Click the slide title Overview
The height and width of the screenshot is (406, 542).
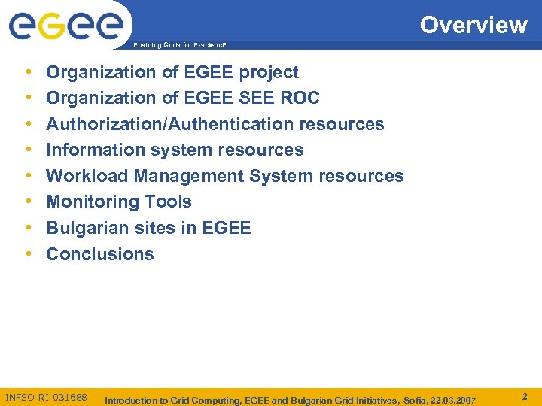pyautogui.click(x=473, y=25)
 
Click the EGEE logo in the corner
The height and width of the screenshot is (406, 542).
pyautogui.click(x=65, y=26)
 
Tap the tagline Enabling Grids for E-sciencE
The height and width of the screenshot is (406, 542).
pyautogui.click(x=179, y=46)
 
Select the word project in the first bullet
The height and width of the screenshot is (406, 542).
pyautogui.click(x=269, y=73)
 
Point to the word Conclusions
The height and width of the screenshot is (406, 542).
pyautogui.click(x=100, y=254)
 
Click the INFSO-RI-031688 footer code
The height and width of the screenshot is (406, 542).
pyautogui.click(x=46, y=397)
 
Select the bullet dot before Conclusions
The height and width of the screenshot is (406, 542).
pyautogui.click(x=28, y=254)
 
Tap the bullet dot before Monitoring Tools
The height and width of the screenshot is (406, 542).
pyautogui.click(x=28, y=202)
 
